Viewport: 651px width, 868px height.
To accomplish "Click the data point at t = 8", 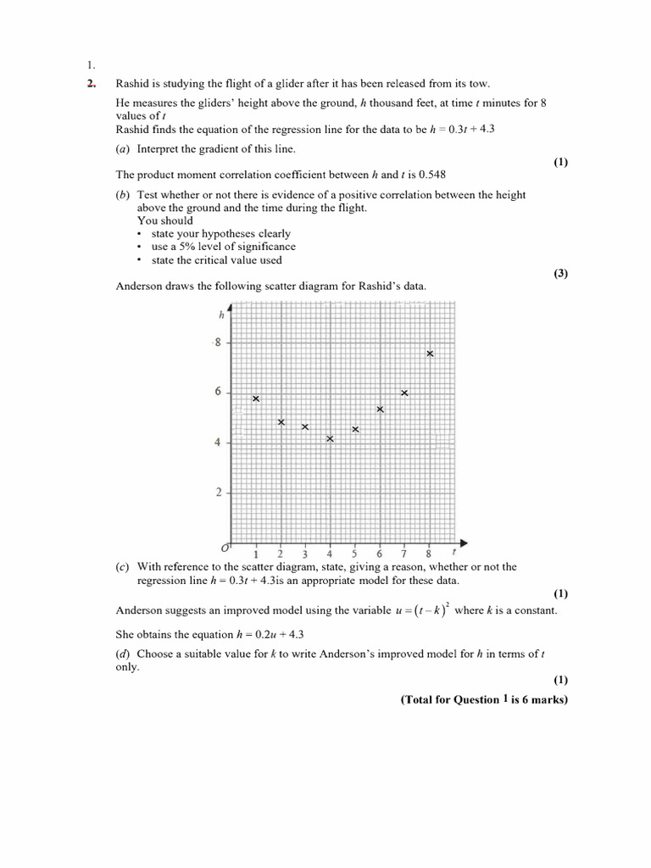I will point(430,353).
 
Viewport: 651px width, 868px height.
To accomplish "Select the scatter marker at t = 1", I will point(256,398).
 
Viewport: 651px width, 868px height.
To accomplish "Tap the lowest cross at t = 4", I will point(330,438).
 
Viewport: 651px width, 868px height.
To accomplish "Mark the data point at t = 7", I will point(404,392).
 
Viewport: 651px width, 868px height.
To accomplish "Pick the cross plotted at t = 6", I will point(380,409).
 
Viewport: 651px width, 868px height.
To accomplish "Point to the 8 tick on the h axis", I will point(218,342).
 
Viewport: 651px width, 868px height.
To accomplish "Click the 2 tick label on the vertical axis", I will point(218,492).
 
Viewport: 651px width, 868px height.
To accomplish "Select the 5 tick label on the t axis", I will point(354,554).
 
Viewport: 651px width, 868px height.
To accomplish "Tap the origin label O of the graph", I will point(225,549).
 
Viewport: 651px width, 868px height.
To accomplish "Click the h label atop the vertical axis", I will point(221,314).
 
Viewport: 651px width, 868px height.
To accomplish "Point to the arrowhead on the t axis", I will point(464,542).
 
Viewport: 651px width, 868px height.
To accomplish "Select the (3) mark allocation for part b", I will point(561,273).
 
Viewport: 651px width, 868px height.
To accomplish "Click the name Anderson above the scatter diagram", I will point(137,286).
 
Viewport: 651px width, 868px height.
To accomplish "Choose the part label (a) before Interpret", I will point(123,148).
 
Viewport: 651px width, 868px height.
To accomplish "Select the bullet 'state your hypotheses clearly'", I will point(220,233).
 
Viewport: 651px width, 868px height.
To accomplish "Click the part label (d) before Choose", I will point(123,654).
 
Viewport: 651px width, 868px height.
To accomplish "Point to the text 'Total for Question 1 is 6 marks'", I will point(484,699).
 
